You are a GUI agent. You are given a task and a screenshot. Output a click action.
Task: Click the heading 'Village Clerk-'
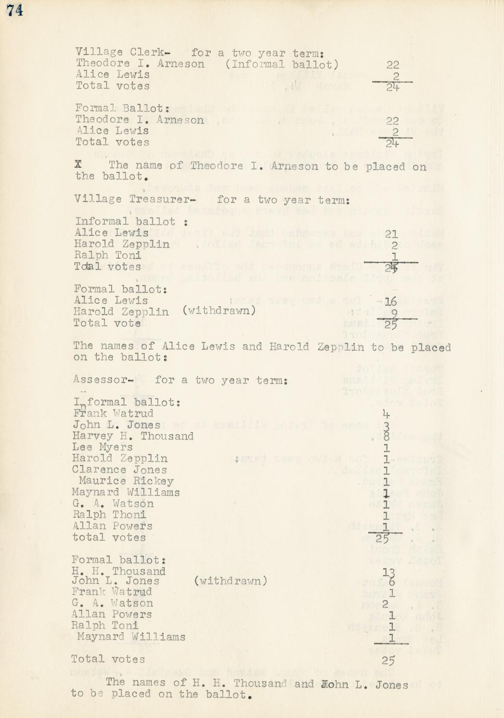pyautogui.click(x=123, y=52)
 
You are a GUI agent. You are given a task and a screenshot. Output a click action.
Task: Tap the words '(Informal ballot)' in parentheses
pyautogui.click(x=282, y=65)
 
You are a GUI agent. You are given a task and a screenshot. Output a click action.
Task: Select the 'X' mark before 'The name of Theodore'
pyautogui.click(x=79, y=164)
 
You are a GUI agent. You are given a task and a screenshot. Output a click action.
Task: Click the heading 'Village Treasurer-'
pyautogui.click(x=135, y=199)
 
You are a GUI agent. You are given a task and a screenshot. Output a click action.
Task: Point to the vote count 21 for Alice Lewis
pyautogui.click(x=391, y=234)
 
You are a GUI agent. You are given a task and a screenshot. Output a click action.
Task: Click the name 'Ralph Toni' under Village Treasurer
pyautogui.click(x=108, y=255)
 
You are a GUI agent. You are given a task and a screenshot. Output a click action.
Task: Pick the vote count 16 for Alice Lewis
pyautogui.click(x=390, y=301)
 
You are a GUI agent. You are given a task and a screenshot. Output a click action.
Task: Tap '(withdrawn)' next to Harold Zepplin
pyautogui.click(x=219, y=311)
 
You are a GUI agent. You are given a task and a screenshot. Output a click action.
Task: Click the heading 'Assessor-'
pyautogui.click(x=103, y=380)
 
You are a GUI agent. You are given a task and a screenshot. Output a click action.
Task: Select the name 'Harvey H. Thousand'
pyautogui.click(x=133, y=436)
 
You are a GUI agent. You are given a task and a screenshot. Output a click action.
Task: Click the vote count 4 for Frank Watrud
pyautogui.click(x=386, y=415)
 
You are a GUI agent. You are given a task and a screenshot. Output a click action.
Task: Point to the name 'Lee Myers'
pyautogui.click(x=102, y=447)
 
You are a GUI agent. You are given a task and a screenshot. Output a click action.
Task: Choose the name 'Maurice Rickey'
pyautogui.click(x=126, y=481)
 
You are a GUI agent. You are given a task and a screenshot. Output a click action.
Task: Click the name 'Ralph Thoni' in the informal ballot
pyautogui.click(x=109, y=515)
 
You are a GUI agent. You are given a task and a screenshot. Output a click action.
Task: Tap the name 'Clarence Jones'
pyautogui.click(x=120, y=470)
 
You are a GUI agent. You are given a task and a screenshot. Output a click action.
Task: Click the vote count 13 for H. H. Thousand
pyautogui.click(x=389, y=572)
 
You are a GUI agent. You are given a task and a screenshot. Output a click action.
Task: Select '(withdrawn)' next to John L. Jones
pyautogui.click(x=230, y=581)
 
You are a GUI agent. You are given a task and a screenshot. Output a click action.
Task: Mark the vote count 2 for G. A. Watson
pyautogui.click(x=385, y=604)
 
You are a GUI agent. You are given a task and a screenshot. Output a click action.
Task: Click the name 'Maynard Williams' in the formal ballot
pyautogui.click(x=131, y=636)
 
